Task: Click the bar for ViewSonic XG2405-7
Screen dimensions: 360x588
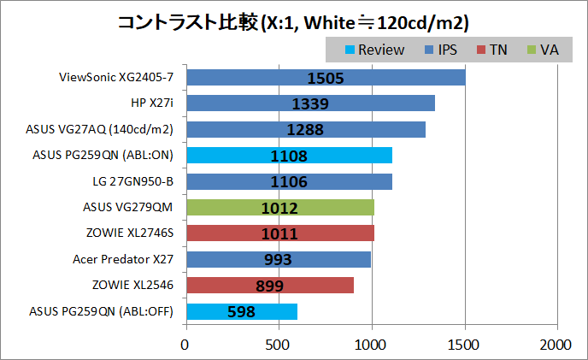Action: pos(325,78)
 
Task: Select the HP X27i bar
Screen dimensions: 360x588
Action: pos(309,103)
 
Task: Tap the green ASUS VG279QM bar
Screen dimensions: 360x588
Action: pos(279,208)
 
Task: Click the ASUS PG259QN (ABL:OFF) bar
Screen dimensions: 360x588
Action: pos(241,312)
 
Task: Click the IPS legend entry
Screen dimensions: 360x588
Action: pos(440,50)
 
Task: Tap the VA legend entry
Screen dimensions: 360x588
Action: pos(541,50)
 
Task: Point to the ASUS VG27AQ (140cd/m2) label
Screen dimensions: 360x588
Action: pos(100,129)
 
